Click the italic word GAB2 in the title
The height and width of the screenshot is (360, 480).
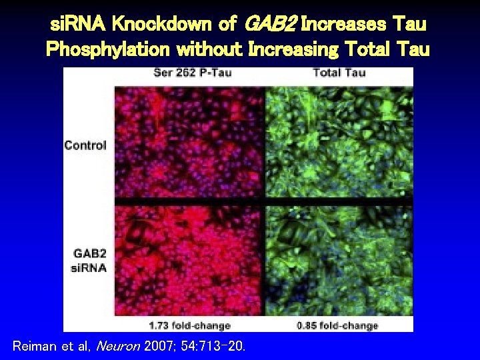pos(270,25)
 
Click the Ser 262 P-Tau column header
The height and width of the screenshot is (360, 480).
pos(193,72)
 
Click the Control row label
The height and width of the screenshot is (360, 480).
pos(85,145)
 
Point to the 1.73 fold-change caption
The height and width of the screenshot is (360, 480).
pos(191,325)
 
